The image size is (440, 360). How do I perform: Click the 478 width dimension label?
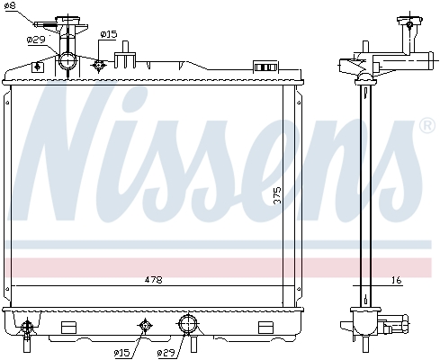point(154,281)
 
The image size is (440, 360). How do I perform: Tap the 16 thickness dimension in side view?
point(395,281)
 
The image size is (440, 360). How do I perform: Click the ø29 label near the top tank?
point(36,40)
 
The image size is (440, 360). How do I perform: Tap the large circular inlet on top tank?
point(68,62)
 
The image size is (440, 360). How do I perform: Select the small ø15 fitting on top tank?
point(99,64)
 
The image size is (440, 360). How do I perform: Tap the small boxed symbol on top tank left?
point(36,66)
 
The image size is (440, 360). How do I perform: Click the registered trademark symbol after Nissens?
point(427,128)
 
